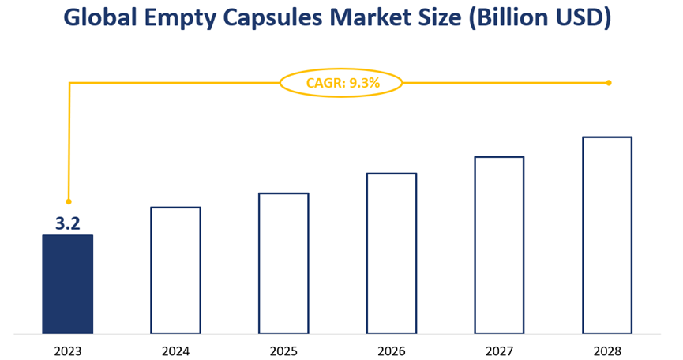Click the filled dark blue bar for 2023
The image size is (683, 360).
click(67, 283)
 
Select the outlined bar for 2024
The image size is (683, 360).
click(175, 270)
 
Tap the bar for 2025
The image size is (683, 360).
click(283, 263)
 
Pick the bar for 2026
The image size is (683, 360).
click(392, 253)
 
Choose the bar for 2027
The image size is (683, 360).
click(499, 245)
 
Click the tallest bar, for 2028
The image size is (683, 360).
click(607, 234)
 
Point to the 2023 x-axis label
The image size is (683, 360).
click(67, 350)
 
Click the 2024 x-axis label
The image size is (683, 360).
click(175, 350)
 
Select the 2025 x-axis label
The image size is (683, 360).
click(283, 350)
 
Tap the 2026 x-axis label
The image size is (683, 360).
click(392, 350)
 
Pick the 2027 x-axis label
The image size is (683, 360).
click(499, 350)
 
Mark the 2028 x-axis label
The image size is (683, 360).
click(607, 350)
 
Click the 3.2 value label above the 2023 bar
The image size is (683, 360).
click(68, 223)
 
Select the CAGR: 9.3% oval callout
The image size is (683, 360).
click(341, 82)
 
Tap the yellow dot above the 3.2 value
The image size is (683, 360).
click(69, 201)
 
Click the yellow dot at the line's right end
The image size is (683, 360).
click(609, 82)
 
